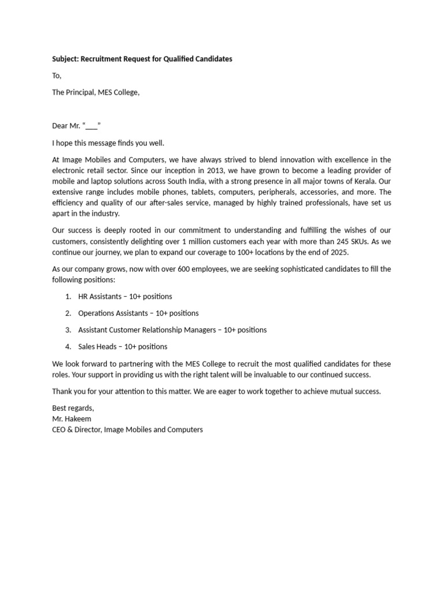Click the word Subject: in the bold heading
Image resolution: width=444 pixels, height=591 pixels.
(x=68, y=59)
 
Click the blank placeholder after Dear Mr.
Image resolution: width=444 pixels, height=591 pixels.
(x=92, y=126)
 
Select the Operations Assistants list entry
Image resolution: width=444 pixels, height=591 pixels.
(x=109, y=313)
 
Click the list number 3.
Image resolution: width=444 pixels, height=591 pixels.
(x=68, y=330)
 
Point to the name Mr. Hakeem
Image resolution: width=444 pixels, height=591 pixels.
(x=72, y=419)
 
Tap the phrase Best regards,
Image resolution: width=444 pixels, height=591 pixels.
(x=73, y=408)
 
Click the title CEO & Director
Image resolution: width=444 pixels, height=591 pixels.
(x=77, y=430)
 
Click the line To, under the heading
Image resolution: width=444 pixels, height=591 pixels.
(x=57, y=76)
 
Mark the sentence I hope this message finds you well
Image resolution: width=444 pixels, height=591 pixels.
(x=108, y=143)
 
